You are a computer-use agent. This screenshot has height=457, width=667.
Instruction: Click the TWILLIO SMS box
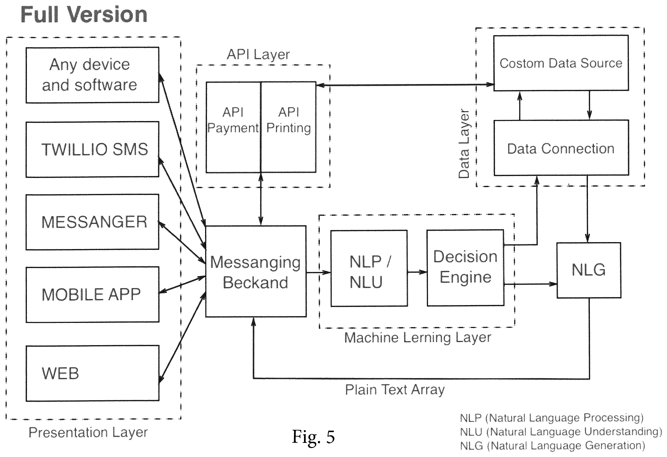click(x=92, y=149)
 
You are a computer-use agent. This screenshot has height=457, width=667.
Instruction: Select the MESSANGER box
click(x=92, y=222)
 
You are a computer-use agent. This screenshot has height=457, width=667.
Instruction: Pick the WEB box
click(x=92, y=373)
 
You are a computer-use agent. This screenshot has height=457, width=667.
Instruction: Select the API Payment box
click(x=233, y=127)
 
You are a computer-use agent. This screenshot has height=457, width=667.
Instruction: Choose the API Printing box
click(x=288, y=127)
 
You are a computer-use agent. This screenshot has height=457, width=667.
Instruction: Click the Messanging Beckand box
click(x=256, y=271)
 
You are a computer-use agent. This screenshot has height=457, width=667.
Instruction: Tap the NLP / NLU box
click(x=369, y=268)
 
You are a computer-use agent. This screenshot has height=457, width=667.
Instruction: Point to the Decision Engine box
click(x=465, y=268)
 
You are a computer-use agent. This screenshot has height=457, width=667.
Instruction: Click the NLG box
click(x=589, y=270)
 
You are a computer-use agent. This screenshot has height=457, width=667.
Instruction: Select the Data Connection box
click(x=561, y=148)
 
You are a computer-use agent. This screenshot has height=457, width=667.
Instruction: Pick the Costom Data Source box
click(x=561, y=63)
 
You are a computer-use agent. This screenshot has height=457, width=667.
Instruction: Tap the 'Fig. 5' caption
click(x=313, y=437)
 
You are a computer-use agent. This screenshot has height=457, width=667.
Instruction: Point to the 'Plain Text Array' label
click(x=395, y=390)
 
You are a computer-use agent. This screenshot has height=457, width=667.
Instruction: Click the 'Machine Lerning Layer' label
click(x=418, y=338)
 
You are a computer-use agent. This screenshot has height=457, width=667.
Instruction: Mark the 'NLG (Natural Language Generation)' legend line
click(x=552, y=446)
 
